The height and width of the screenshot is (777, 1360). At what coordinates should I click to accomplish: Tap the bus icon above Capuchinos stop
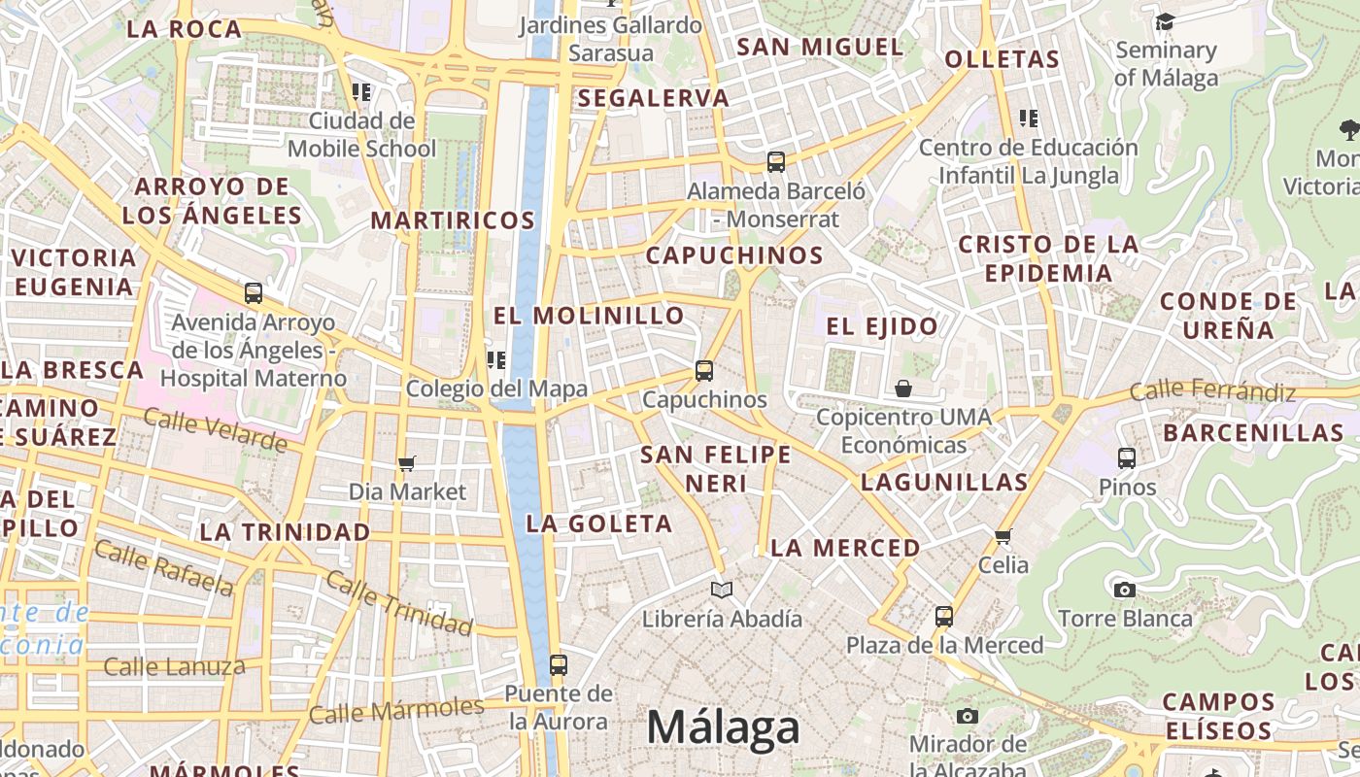click(x=704, y=371)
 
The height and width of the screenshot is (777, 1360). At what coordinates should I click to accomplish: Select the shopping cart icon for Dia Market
click(x=407, y=464)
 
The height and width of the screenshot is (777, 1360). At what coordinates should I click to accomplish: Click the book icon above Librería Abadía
click(x=721, y=590)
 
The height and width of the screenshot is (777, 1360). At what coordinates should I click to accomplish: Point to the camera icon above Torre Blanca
click(x=1125, y=590)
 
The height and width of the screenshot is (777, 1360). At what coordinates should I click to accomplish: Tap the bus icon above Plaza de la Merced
click(x=944, y=616)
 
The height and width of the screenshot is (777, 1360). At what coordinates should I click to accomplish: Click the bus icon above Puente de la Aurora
click(x=559, y=665)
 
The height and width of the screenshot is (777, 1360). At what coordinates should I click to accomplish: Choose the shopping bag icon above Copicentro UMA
click(x=903, y=389)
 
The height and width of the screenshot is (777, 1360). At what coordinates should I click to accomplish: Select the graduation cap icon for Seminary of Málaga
click(x=1165, y=21)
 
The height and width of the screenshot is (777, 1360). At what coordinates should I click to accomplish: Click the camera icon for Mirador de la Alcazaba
click(x=968, y=717)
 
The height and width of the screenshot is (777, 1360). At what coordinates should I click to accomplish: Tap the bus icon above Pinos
click(x=1127, y=457)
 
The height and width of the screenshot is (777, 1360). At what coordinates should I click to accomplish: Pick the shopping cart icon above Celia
click(x=1003, y=536)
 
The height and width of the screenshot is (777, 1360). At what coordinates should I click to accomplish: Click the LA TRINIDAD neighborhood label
click(x=286, y=532)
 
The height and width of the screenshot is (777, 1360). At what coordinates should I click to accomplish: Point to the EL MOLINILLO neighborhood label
click(x=590, y=316)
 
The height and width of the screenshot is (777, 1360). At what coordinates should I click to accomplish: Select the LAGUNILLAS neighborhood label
click(x=944, y=482)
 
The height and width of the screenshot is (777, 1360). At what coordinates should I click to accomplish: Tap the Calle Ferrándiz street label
click(x=1213, y=391)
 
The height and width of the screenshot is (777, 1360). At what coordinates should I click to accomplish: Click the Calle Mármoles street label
click(x=396, y=710)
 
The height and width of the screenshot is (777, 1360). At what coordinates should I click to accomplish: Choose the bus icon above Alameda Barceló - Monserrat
click(x=776, y=162)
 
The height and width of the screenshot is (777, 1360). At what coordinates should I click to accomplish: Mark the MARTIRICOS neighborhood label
click(x=453, y=220)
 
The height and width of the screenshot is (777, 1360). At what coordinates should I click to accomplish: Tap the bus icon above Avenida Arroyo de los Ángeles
click(x=254, y=292)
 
